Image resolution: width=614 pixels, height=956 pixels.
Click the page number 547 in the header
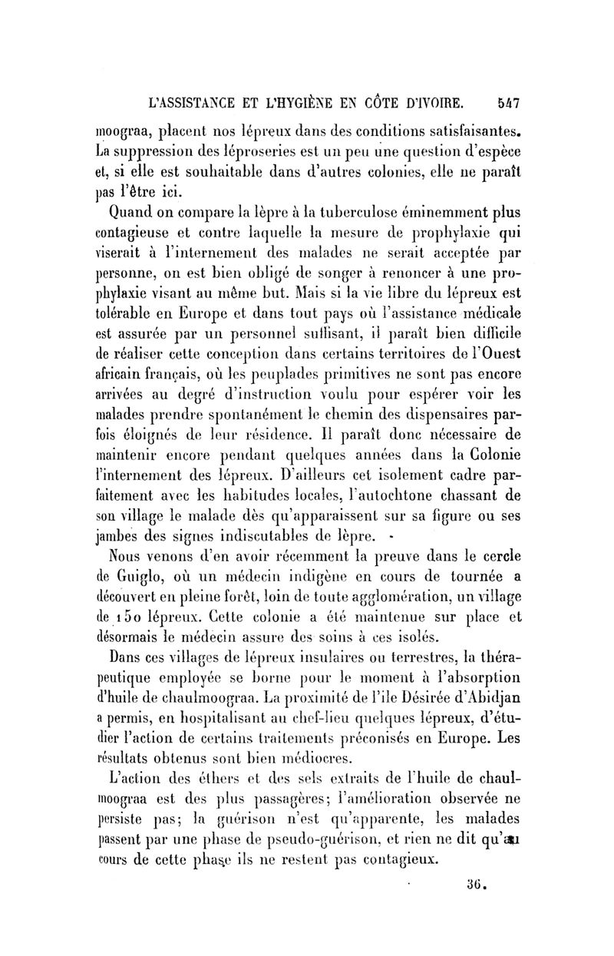(x=508, y=104)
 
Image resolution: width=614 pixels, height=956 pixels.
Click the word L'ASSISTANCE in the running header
(x=188, y=105)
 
